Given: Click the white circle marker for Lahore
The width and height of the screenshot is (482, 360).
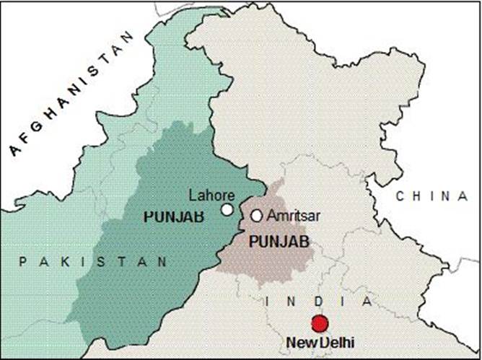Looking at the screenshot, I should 227,210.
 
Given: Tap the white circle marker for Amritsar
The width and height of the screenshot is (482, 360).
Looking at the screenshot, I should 257,215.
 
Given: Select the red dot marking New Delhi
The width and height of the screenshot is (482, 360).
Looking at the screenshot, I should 320,323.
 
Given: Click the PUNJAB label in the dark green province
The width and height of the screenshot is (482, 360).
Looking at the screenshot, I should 174,216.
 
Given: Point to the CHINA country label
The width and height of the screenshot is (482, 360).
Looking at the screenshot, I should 431,196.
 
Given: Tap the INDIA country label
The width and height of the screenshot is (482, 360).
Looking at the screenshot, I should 319,300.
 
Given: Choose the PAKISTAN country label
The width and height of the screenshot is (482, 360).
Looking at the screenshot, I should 94,260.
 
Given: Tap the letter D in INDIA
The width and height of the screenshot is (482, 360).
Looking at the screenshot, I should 318,300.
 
